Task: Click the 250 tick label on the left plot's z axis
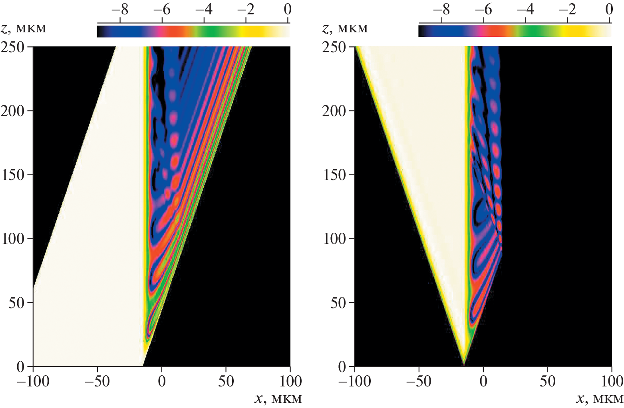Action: tap(13, 47)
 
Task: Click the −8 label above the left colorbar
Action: tap(120, 9)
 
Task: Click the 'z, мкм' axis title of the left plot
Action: tap(24, 28)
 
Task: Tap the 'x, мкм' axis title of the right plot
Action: tap(599, 398)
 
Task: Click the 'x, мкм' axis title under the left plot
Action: tap(278, 398)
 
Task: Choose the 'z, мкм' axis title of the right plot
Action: tap(345, 28)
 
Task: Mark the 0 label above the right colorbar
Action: tap(609, 9)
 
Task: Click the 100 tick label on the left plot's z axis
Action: tap(13, 239)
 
